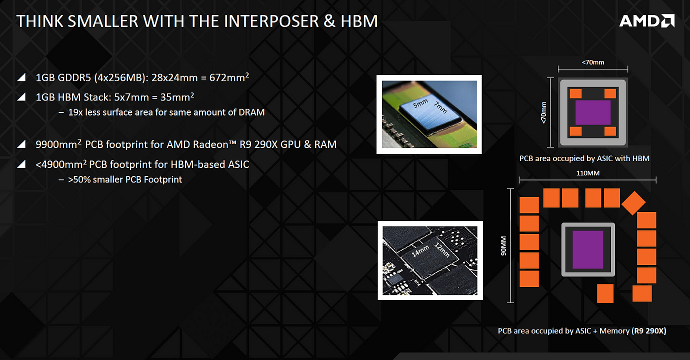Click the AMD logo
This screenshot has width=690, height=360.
(x=646, y=21)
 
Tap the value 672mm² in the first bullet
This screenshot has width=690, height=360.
(x=229, y=77)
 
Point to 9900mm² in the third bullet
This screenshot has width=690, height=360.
(x=58, y=144)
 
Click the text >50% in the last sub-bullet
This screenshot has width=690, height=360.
(x=79, y=179)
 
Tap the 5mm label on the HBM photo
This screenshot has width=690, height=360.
(x=420, y=103)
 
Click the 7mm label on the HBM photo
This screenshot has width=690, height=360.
(x=440, y=107)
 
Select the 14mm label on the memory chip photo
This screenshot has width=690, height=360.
(x=420, y=250)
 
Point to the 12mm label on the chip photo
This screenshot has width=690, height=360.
(x=442, y=250)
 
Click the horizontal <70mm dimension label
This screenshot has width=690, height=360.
(x=593, y=62)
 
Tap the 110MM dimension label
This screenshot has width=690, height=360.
(x=587, y=173)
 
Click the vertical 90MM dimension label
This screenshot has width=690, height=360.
(x=503, y=245)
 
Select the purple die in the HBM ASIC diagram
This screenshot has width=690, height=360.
(x=593, y=112)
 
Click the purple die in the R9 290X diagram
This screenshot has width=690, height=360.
(x=587, y=249)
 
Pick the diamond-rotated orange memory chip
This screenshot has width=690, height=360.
(x=633, y=203)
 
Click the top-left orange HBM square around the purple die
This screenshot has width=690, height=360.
(x=575, y=93)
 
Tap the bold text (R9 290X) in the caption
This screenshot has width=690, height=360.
(x=648, y=330)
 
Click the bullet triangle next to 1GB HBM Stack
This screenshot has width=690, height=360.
(x=21, y=97)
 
